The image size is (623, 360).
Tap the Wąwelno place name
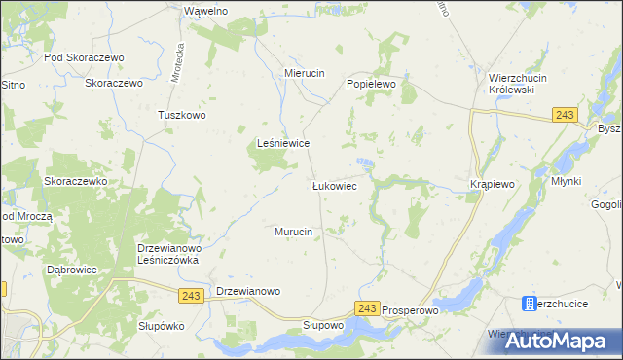[205, 11]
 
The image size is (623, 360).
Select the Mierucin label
[304, 73]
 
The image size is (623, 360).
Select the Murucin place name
[293, 232]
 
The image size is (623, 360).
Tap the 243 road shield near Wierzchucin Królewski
[563, 115]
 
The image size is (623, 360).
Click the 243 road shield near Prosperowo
[366, 307]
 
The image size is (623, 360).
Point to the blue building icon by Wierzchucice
[530, 305]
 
